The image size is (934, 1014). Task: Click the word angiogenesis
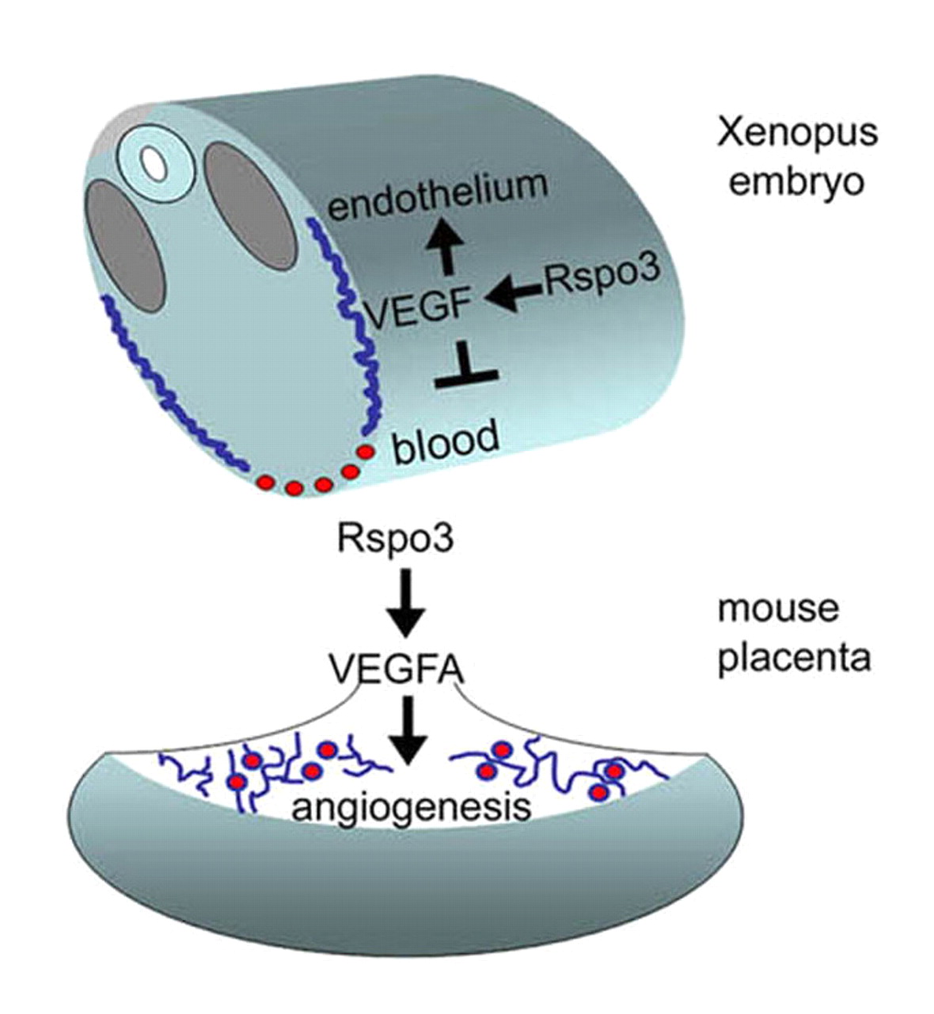click(410, 808)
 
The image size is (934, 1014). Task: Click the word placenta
click(794, 658)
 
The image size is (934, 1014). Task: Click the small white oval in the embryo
click(152, 164)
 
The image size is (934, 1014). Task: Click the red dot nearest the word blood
click(365, 452)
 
